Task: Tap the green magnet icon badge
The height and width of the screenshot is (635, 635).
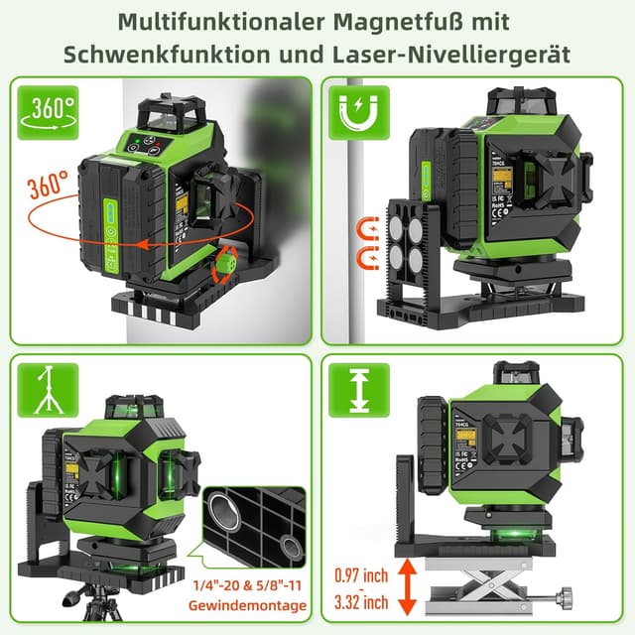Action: pos(359,112)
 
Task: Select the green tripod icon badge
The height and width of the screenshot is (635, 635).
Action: pos(44,388)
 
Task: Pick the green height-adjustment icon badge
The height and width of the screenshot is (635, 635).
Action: pos(359,388)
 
